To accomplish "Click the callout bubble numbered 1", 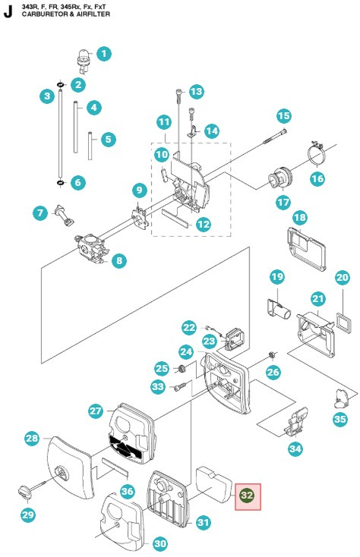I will click(104, 54).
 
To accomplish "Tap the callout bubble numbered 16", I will click(317, 179).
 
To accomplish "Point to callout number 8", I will click(119, 261).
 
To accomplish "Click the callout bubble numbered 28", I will click(31, 439).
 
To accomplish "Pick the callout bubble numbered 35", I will click(339, 418).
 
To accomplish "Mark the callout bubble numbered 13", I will click(196, 92).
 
